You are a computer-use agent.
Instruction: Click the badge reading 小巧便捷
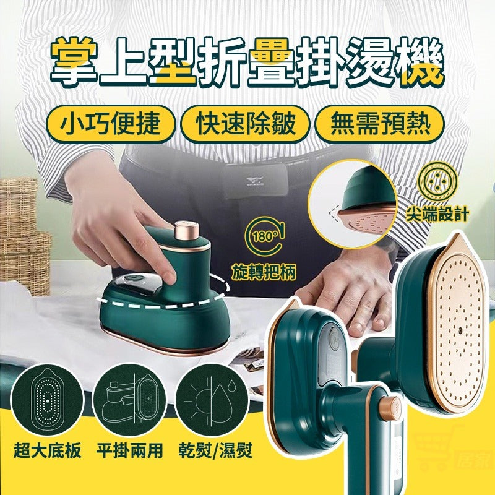(x=110, y=124)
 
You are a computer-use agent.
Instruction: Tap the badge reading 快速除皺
(x=245, y=124)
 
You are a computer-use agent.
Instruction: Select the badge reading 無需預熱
(x=380, y=124)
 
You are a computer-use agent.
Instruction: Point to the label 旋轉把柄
(x=264, y=272)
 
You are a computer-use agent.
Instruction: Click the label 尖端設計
(x=437, y=213)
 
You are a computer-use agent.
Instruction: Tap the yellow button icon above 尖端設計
(x=437, y=181)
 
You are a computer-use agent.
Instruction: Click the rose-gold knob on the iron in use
(x=186, y=230)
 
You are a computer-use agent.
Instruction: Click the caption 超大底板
(x=48, y=450)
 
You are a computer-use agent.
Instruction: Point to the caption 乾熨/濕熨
(x=215, y=450)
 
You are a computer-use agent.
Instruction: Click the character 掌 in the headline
(x=73, y=61)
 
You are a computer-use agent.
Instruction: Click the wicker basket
(x=24, y=235)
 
